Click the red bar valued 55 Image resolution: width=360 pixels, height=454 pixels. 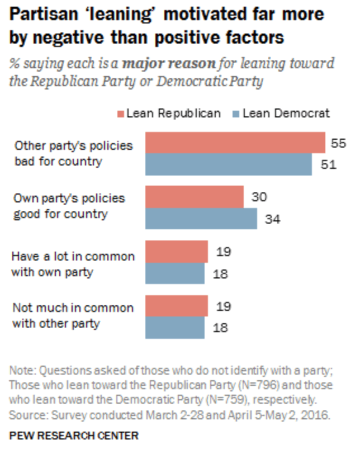[235, 143]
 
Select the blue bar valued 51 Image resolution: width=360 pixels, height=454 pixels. [229, 164]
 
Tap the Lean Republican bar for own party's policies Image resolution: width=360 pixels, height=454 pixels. [195, 197]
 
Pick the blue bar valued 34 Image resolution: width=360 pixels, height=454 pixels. [201, 219]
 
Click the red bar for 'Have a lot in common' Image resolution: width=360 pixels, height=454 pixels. [177, 252]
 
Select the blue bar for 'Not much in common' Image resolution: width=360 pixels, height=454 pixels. [175, 328]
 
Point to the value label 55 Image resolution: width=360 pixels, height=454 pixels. [338, 143]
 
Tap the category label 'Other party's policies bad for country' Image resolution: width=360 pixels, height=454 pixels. [74, 154]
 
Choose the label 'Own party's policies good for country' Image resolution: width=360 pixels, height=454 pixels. [69, 206]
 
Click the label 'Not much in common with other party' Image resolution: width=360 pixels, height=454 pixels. [73, 315]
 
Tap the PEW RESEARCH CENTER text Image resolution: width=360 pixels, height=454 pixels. [74, 434]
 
